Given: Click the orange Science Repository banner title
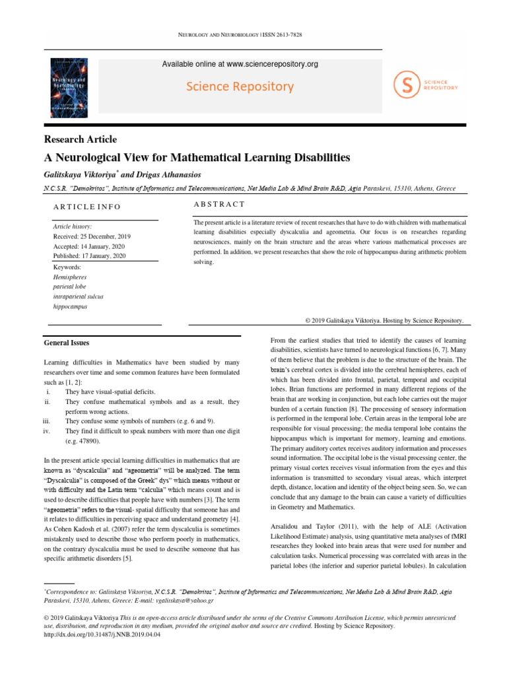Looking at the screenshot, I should (x=240, y=86).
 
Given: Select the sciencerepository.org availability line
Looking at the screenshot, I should (x=240, y=64).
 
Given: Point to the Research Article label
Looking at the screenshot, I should (x=80, y=139).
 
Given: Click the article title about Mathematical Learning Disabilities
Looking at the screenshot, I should (x=197, y=158).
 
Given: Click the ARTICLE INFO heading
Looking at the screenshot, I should (x=87, y=207).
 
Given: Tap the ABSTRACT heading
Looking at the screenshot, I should (x=219, y=205).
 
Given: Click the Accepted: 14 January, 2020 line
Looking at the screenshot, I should (x=89, y=246).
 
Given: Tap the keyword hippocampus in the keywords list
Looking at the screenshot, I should (x=70, y=306).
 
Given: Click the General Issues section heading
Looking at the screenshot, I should (x=66, y=343).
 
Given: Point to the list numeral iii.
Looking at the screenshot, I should (x=46, y=421).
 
